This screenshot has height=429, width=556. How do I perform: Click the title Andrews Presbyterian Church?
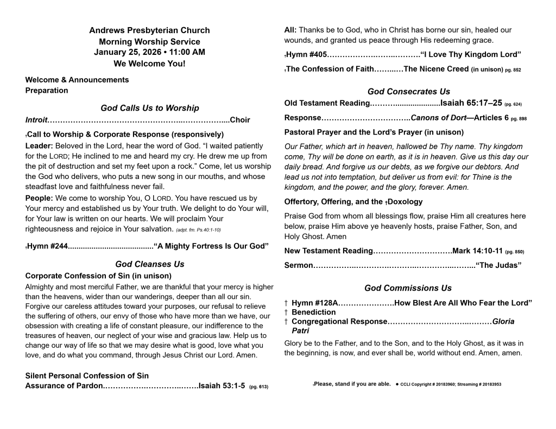click(149, 30)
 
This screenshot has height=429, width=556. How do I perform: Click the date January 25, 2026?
click(127, 53)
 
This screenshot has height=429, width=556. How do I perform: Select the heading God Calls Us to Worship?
click(149, 108)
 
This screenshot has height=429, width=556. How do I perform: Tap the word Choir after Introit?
click(240, 120)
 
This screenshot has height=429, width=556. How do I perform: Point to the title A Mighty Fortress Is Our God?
click(211, 247)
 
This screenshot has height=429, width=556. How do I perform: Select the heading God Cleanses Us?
click(149, 264)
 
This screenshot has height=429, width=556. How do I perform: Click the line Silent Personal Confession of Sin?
click(87, 375)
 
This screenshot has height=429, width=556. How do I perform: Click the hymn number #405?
click(317, 54)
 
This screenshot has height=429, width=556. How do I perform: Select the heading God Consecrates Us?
click(408, 92)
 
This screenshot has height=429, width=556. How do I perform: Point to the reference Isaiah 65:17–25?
click(471, 103)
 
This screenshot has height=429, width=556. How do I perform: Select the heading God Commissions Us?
click(408, 288)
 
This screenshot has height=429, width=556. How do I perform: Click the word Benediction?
click(313, 312)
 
